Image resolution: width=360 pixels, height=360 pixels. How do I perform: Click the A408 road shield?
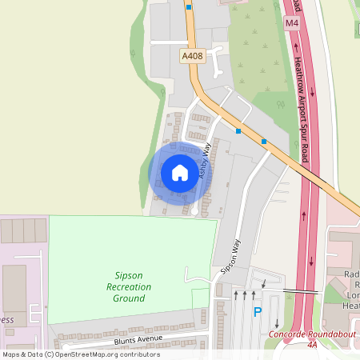tap(193, 56)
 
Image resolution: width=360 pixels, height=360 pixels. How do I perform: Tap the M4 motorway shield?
tap(291, 23)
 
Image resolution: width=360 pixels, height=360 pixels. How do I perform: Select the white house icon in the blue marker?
tap(180, 173)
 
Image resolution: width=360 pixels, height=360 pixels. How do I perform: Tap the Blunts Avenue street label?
tap(138, 339)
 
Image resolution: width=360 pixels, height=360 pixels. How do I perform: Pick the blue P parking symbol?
tap(257, 312)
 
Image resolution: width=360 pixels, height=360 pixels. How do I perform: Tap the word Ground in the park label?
tap(129, 298)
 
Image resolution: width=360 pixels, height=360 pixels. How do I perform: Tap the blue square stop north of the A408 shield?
tap(189, 6)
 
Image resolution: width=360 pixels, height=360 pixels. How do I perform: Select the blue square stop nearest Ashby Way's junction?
tap(238, 130)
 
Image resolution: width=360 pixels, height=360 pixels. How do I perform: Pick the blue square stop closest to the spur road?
tap(264, 142)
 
